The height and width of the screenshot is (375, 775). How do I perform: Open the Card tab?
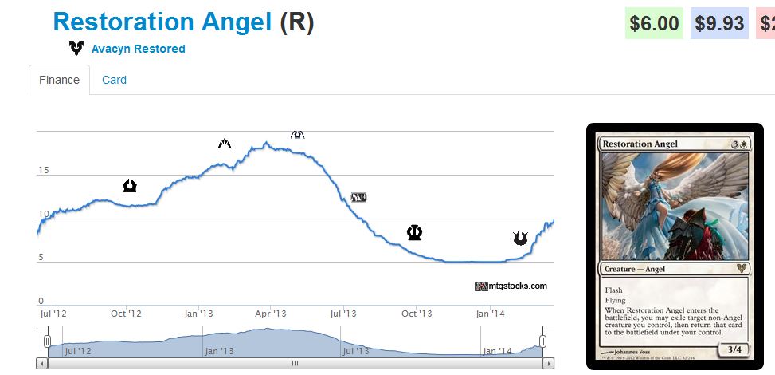[114, 80]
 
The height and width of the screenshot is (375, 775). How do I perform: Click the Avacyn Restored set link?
[138, 49]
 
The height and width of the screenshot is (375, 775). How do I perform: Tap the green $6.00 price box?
[654, 23]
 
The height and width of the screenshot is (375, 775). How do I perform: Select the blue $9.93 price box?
[719, 23]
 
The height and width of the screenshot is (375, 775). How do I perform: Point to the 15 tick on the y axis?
[44, 170]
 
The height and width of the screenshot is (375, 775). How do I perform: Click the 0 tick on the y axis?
[41, 301]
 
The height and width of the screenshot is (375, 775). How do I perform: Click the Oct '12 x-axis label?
[126, 314]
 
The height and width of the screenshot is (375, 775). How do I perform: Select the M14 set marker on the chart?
[359, 197]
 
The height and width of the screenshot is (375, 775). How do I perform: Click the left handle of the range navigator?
[48, 341]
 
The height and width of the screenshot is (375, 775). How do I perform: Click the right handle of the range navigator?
[542, 341]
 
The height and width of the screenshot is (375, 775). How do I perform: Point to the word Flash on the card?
[613, 290]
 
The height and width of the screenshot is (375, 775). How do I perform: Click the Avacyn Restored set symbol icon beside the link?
[76, 49]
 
